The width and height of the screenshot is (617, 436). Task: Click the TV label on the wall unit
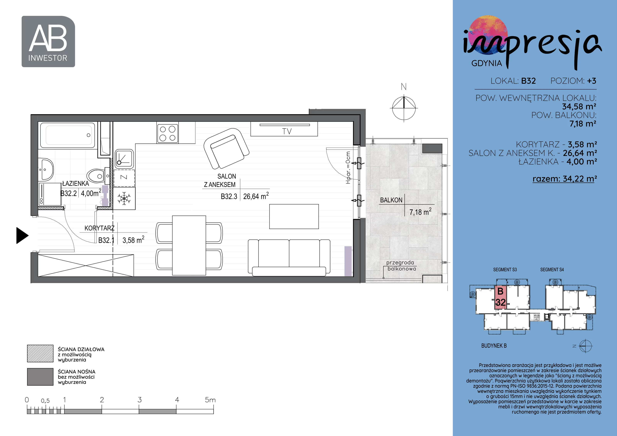pyautogui.click(x=287, y=131)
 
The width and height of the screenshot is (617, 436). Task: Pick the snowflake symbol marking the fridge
pyautogui.click(x=124, y=199)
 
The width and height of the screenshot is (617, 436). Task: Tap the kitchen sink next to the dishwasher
pyautogui.click(x=124, y=158)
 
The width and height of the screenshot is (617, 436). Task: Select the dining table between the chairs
pyautogui.click(x=189, y=245)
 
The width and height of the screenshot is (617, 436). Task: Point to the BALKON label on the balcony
pyautogui.click(x=391, y=200)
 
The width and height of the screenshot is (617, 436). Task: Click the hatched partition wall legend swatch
pyautogui.click(x=40, y=354)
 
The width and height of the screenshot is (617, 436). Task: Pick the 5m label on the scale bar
pyautogui.click(x=210, y=400)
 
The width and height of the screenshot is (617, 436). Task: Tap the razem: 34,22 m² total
pyautogui.click(x=565, y=179)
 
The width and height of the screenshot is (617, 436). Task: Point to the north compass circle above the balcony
pyautogui.click(x=404, y=108)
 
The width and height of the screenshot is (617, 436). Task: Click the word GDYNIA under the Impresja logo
pyautogui.click(x=487, y=63)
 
